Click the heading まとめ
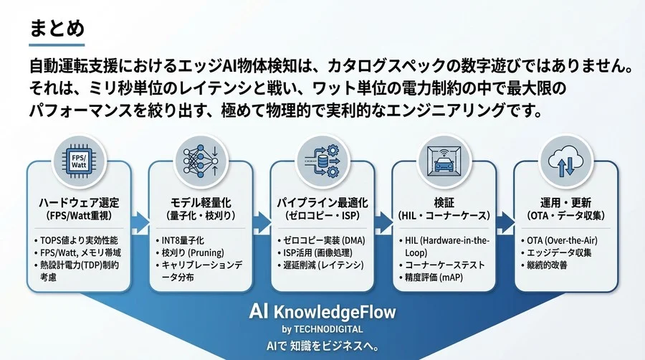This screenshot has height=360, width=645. (x=58, y=29)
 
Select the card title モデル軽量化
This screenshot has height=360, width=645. (x=201, y=202)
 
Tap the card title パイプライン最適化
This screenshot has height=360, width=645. (x=322, y=202)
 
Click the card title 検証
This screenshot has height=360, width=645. (x=444, y=202)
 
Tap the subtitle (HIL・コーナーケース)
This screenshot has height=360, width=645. (x=444, y=215)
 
